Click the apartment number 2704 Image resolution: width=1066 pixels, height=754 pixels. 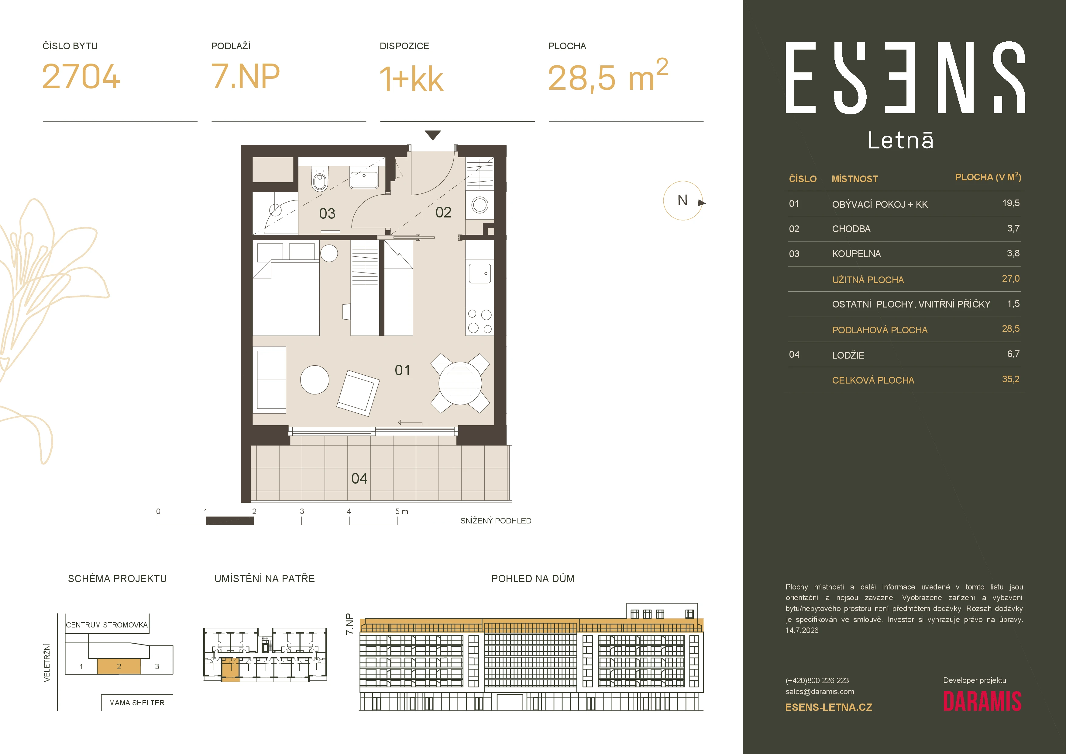[x=81, y=77]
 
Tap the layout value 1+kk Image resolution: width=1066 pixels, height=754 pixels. [x=411, y=78]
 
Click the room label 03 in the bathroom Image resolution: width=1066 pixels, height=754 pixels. [x=327, y=214]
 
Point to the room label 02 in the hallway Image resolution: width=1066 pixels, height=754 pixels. [x=443, y=212]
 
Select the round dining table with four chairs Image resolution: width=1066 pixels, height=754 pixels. [x=460, y=383]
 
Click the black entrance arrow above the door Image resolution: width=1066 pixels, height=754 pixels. [x=433, y=135]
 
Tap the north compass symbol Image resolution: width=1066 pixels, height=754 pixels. [x=683, y=201]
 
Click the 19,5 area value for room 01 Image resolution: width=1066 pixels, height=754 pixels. [x=1011, y=203]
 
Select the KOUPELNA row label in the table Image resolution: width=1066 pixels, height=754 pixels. [x=856, y=254]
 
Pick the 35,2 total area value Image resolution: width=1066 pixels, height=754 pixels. [x=1011, y=379]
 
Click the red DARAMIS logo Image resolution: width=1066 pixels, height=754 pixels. [x=982, y=701]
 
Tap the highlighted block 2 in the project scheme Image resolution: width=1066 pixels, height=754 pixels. [x=119, y=666]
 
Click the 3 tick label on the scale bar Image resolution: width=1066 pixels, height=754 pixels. [x=302, y=511]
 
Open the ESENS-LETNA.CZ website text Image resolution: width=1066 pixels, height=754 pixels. [x=829, y=707]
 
